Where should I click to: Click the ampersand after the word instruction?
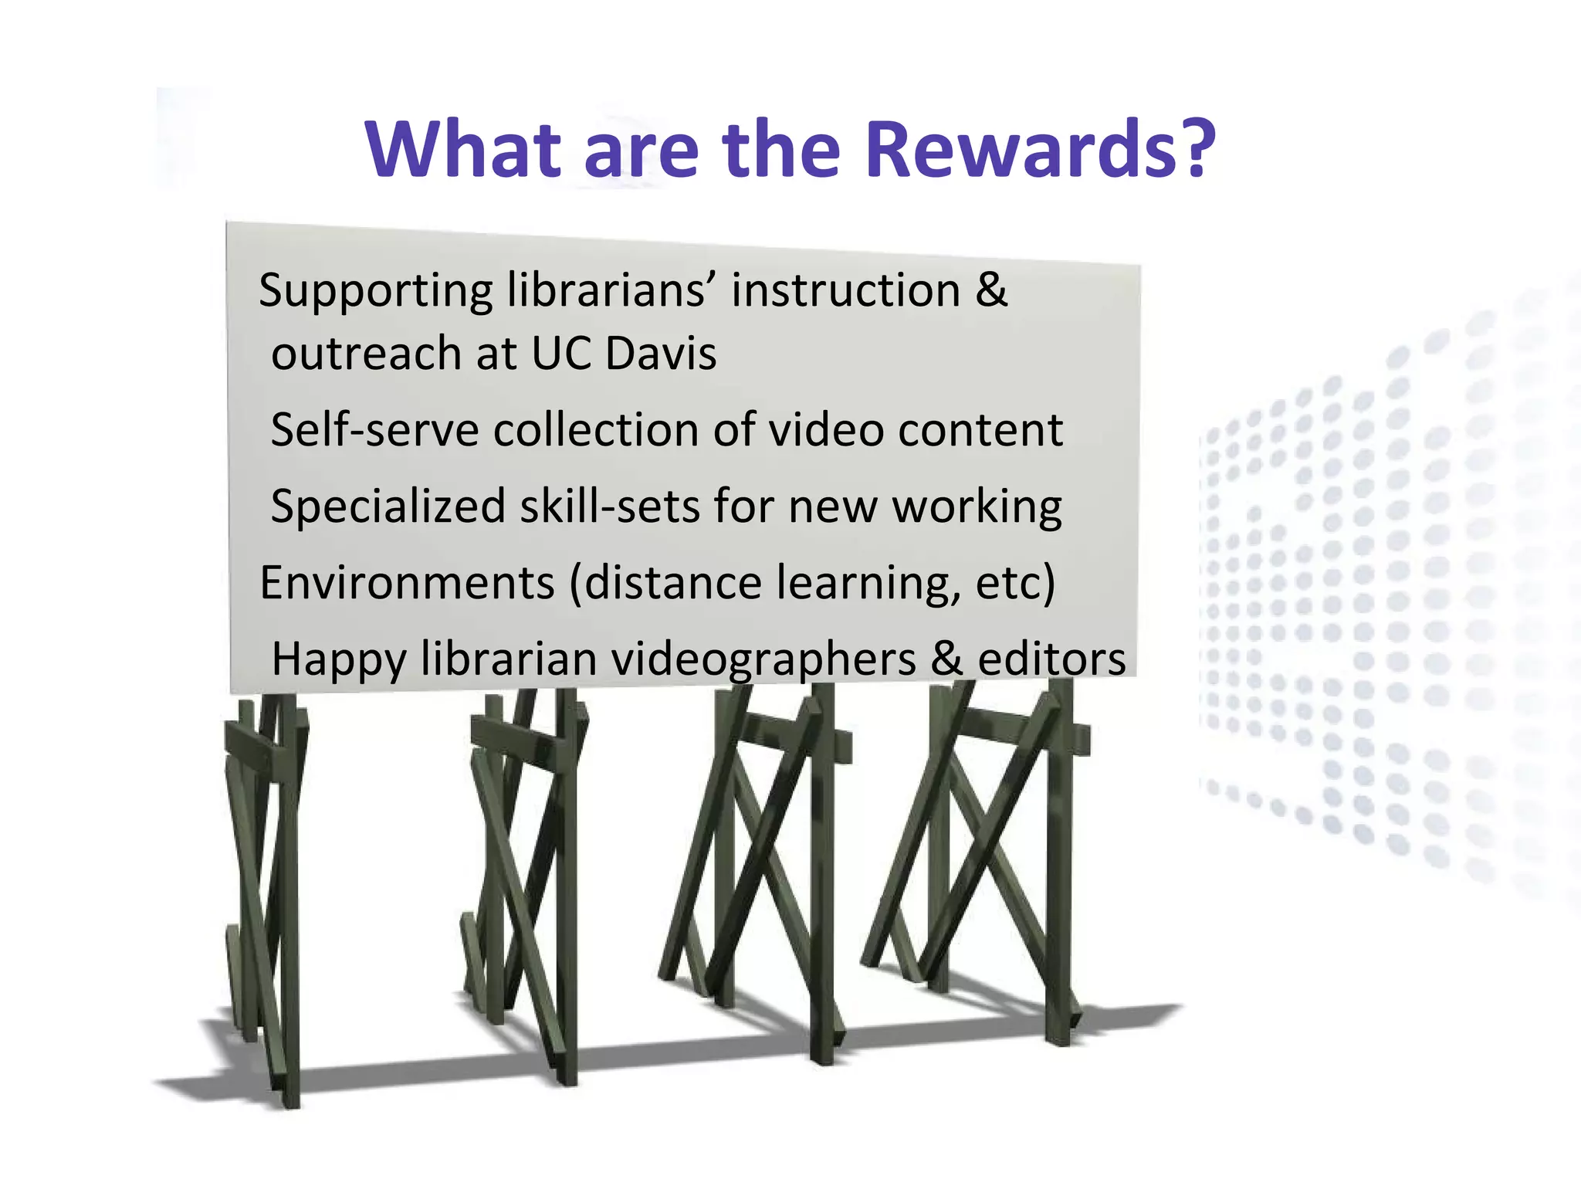pos(991,290)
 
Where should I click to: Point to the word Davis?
pos(661,354)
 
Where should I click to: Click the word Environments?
pos(407,582)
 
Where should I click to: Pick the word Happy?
pos(338,661)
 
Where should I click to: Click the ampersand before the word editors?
pos(947,659)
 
